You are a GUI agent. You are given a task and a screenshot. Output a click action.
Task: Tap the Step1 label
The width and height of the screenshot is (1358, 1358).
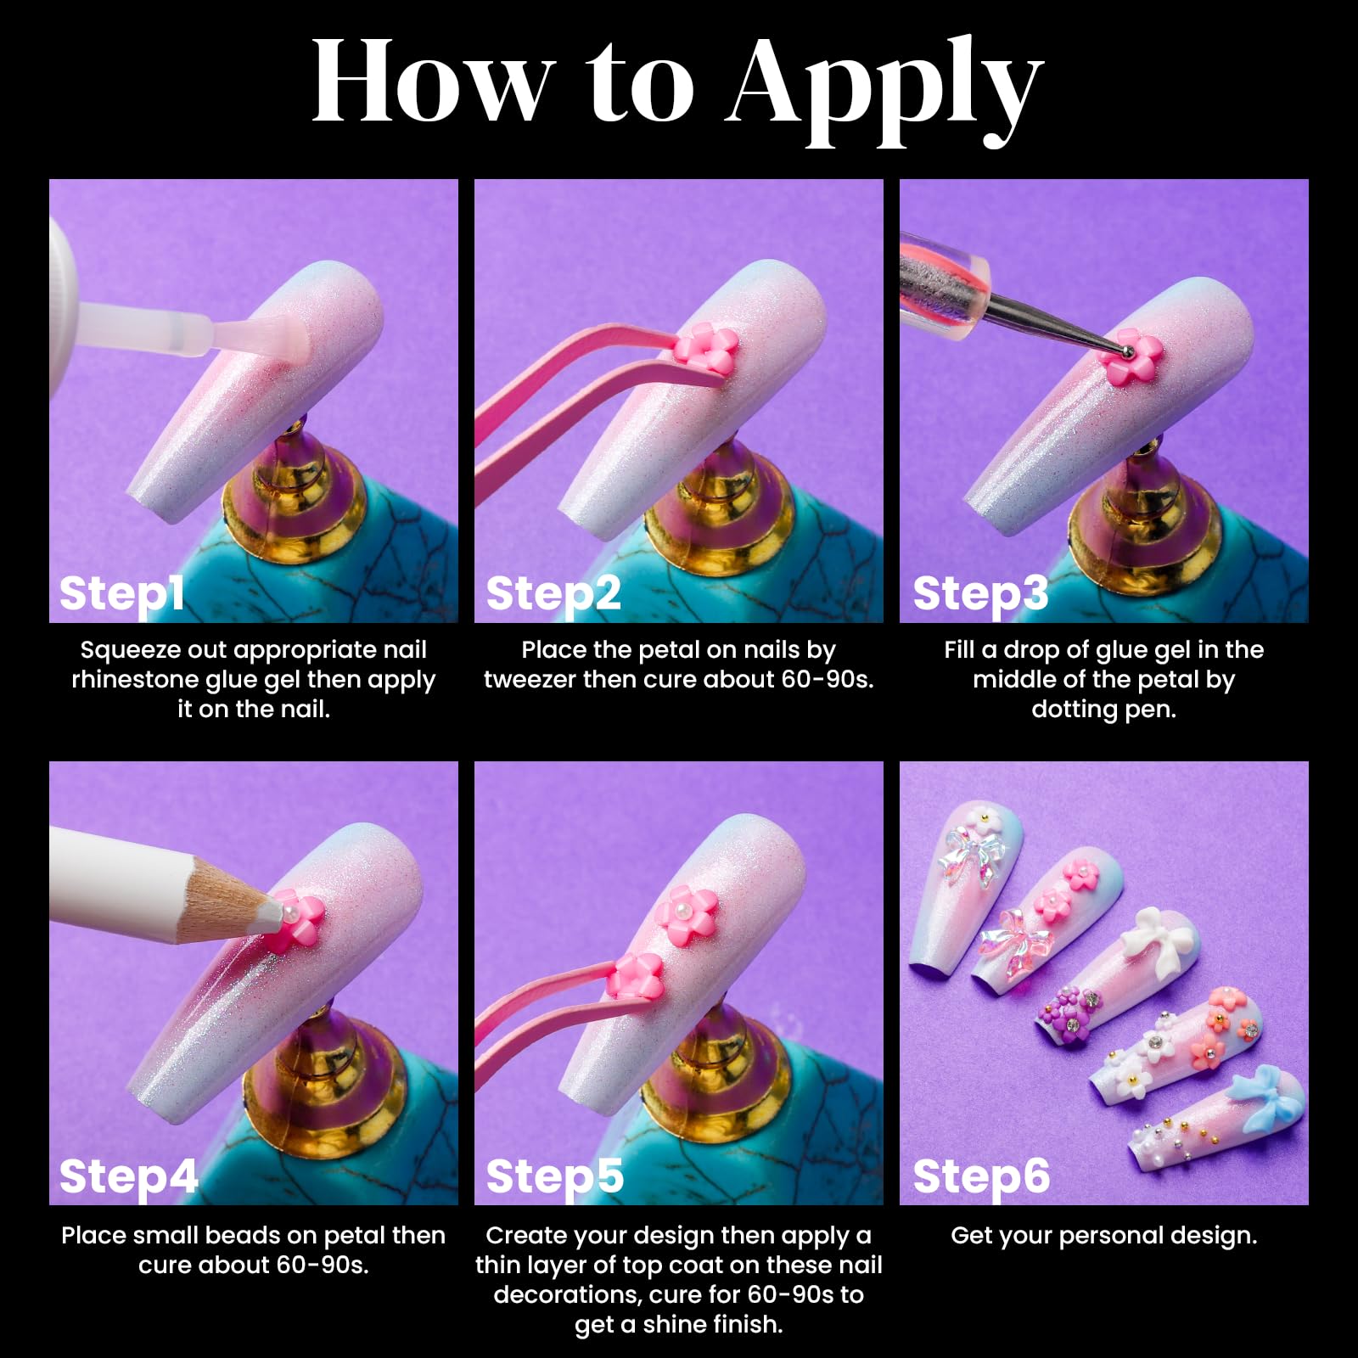[x=121, y=593]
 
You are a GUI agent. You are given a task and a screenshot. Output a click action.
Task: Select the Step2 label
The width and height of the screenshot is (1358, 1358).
[x=553, y=593]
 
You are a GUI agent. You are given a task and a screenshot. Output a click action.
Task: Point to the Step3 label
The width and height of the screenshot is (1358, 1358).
[x=980, y=593]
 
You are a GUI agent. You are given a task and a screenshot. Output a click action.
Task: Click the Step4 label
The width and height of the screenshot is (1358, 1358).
[x=128, y=1177]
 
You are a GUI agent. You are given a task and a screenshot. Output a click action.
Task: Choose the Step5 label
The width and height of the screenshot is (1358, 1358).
[x=554, y=1177]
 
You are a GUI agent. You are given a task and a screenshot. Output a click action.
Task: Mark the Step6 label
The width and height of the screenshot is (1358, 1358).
[x=981, y=1177]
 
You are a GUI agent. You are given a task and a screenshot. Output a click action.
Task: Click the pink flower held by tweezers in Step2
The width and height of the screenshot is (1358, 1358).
[x=706, y=348]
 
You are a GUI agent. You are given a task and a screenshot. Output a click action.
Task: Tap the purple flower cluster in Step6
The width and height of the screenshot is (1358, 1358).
[x=1069, y=1011]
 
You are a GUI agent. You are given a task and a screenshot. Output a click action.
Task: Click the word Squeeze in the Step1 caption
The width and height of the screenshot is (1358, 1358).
[x=130, y=651]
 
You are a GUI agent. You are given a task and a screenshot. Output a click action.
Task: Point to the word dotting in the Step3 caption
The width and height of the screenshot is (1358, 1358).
[x=1072, y=710]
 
